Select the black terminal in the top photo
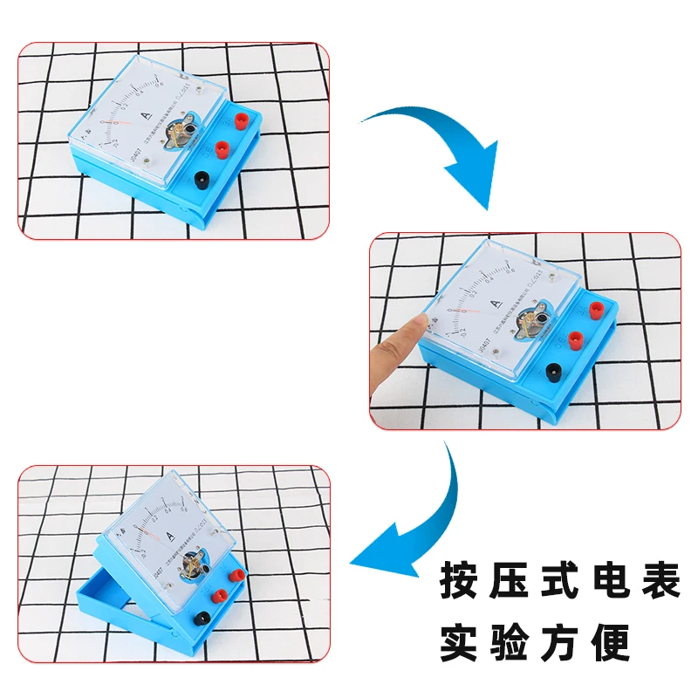click(x=201, y=181)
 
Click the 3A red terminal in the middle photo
click(x=595, y=310)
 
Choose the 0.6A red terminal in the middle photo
click(x=575, y=339)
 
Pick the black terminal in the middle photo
click(x=554, y=373)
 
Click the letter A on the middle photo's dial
click(x=496, y=305)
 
